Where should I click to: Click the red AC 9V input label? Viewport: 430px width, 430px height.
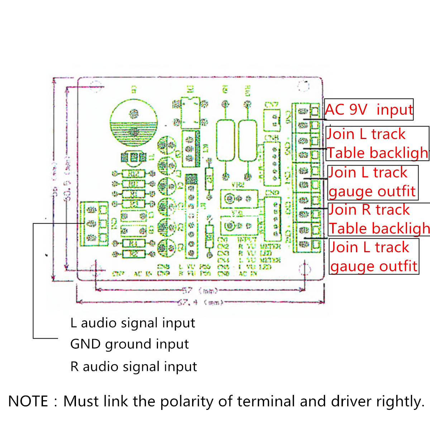click(x=369, y=110)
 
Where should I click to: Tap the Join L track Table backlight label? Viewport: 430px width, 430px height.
click(x=377, y=143)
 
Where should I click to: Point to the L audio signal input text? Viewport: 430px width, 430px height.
click(x=133, y=323)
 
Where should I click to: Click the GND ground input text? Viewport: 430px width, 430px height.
click(x=129, y=344)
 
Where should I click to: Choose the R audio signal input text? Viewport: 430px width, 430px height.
click(x=134, y=367)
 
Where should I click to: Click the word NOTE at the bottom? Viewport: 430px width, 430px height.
click(x=28, y=401)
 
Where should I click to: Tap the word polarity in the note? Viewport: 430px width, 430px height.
click(x=186, y=401)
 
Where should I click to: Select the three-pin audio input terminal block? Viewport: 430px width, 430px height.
click(x=94, y=223)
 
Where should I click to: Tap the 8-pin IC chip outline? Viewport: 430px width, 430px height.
click(x=190, y=113)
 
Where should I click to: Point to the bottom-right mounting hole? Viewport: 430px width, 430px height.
click(x=305, y=269)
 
